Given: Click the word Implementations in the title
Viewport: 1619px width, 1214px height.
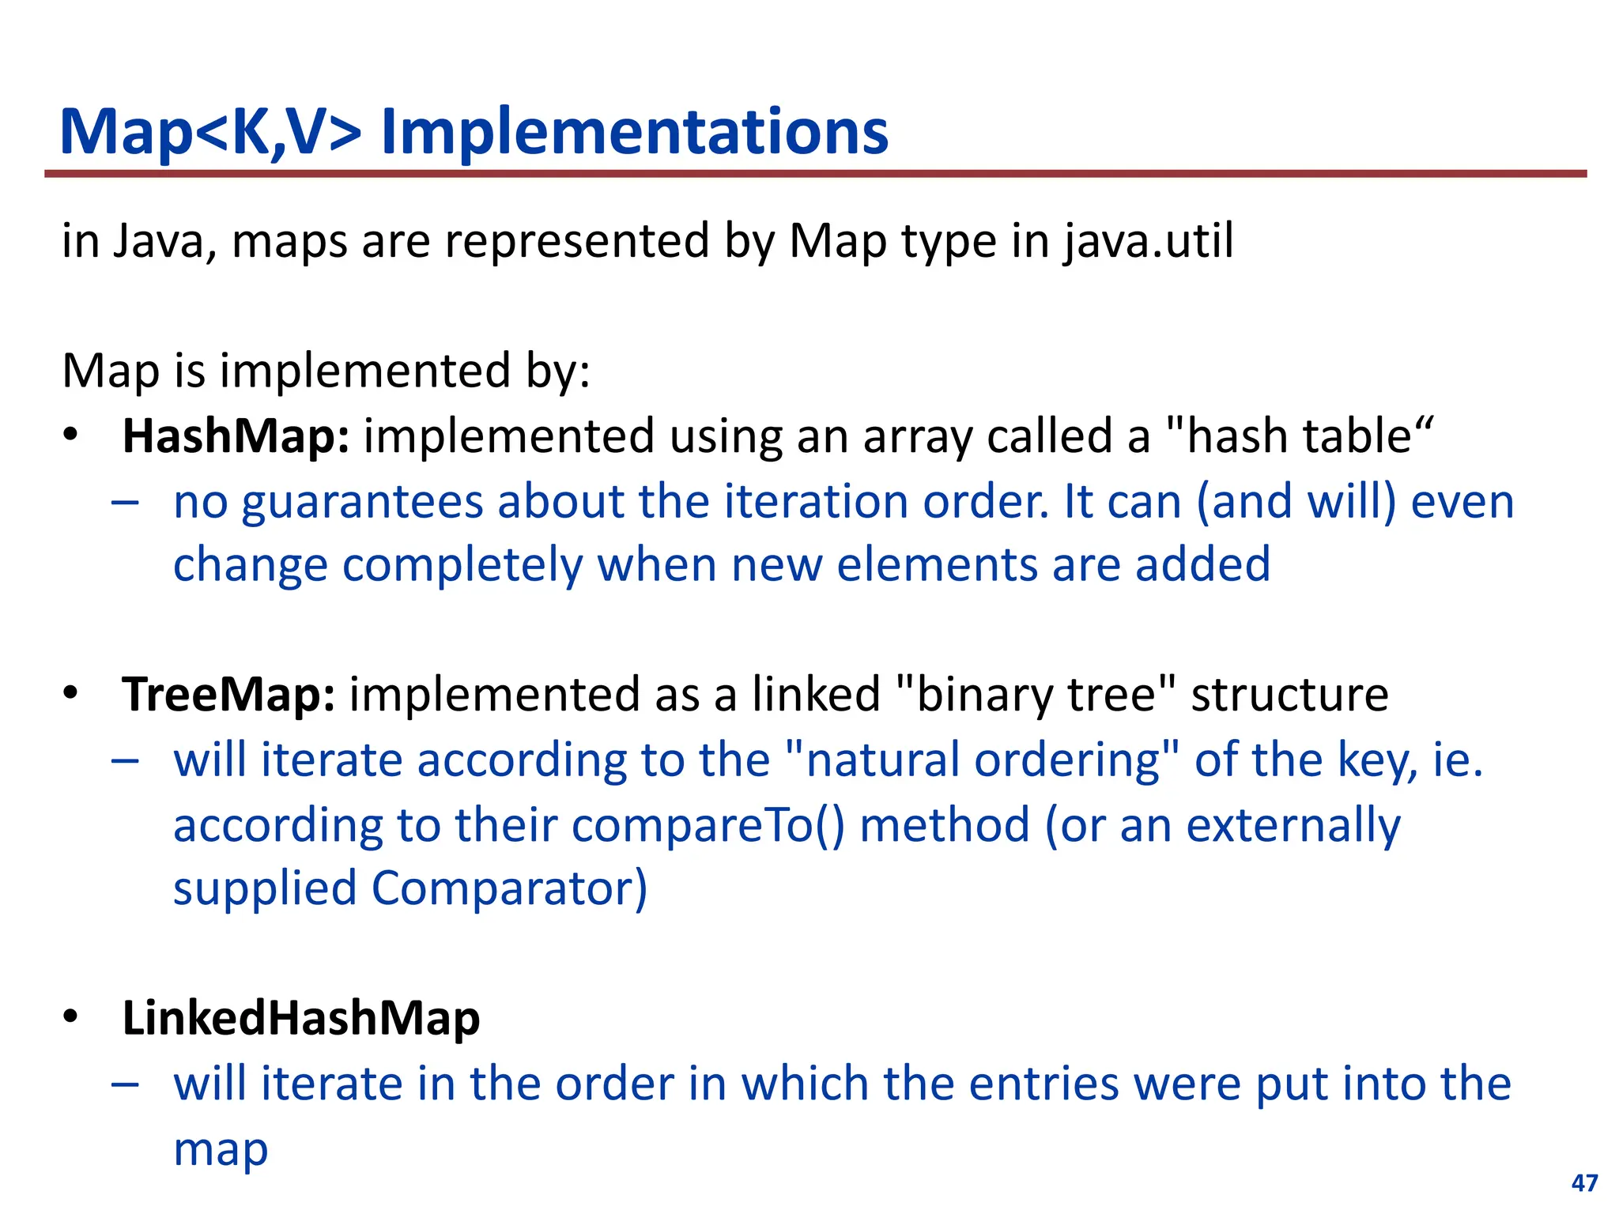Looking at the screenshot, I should click(634, 132).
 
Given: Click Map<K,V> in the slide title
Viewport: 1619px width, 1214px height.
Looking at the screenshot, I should click(210, 132).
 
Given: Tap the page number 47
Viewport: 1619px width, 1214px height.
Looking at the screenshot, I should click(1584, 1182).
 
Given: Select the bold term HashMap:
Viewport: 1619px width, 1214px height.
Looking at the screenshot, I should click(236, 437).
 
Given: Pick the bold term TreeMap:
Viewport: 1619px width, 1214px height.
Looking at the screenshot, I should click(228, 696).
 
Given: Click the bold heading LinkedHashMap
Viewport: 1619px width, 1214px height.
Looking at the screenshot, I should click(301, 1018).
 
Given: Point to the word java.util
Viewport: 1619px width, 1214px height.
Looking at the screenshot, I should click(1148, 241).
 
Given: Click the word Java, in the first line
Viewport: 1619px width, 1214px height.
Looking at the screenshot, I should click(165, 241).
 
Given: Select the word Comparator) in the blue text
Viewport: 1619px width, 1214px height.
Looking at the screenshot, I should click(509, 888).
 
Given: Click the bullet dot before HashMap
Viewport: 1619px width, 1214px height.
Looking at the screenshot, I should click(71, 435).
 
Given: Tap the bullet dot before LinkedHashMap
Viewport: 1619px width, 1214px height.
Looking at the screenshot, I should click(71, 1016).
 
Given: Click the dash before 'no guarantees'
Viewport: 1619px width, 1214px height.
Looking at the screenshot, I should click(125, 502).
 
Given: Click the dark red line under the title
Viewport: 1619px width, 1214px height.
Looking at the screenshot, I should click(814, 173).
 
